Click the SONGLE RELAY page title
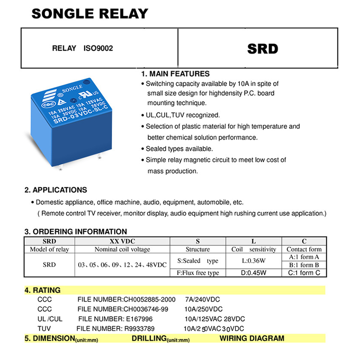pos(90,13)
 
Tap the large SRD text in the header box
pos(263,49)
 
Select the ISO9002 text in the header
pos(98,48)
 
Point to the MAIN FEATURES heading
pos(175,74)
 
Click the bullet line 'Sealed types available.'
pos(179,148)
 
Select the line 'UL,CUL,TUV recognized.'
pos(182,115)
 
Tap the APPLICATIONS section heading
pos(56,190)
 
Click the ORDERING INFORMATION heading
pos(76,232)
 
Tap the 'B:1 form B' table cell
pos(304,265)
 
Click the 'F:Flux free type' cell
pos(198,273)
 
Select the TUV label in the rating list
pos(44,328)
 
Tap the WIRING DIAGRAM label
pos(252,338)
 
